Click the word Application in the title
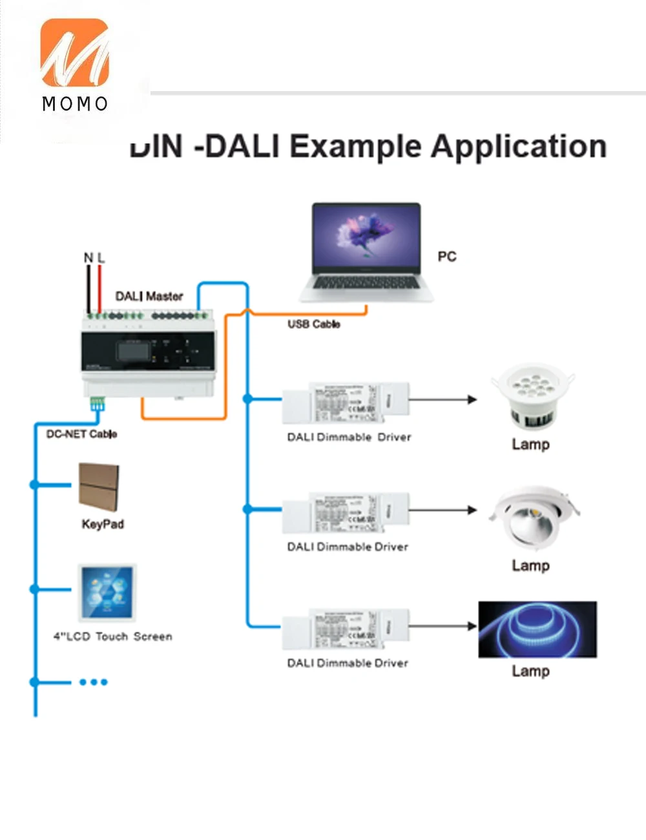point(519,147)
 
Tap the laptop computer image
point(366,252)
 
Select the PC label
point(446,257)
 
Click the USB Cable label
point(313,324)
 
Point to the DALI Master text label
point(149,296)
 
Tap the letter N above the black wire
point(89,258)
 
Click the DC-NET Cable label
point(81,434)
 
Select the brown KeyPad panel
point(99,487)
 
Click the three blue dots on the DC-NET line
point(93,682)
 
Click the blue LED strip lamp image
point(537,629)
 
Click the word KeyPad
point(102,524)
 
